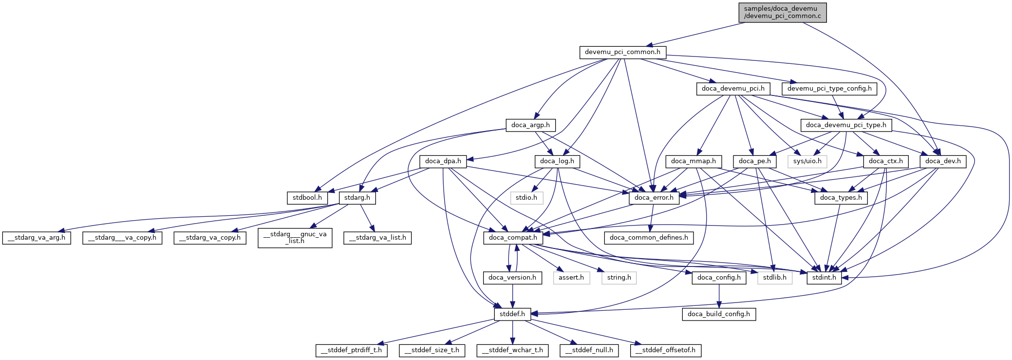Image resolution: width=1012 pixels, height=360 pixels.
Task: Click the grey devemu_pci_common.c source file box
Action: coord(782,12)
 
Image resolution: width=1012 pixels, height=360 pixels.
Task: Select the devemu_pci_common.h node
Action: coord(622,52)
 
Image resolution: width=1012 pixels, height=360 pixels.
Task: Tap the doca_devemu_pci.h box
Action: coord(733,89)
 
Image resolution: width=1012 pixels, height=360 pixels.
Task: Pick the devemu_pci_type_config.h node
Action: coord(829,89)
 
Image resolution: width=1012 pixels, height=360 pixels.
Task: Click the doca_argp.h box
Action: coord(530,125)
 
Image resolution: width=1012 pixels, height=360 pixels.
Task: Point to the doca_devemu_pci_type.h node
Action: coord(846,125)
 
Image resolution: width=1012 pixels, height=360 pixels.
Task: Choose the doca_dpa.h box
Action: coord(443,161)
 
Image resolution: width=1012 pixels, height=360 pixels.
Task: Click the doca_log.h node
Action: coord(557,161)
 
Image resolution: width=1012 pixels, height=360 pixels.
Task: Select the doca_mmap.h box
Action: coord(693,161)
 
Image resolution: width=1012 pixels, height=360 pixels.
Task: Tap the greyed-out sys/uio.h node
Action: coord(807,161)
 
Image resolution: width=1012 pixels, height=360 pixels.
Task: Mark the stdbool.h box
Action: coord(307,198)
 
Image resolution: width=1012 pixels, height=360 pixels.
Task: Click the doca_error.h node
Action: coord(654,198)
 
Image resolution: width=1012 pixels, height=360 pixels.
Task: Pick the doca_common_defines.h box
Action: coord(649,238)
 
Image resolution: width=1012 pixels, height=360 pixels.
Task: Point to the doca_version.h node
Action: coord(512,278)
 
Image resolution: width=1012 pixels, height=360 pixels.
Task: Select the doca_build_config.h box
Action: coord(718,314)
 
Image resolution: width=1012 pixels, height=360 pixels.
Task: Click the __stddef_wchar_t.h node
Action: coord(512,350)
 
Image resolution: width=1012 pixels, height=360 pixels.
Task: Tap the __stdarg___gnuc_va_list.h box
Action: coord(295,238)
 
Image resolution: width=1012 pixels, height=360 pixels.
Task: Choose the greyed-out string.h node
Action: coord(619,278)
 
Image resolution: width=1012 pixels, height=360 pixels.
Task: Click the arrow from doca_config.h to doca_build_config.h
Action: coord(719,296)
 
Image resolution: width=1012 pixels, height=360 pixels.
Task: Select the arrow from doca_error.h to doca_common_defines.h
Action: coord(652,217)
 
